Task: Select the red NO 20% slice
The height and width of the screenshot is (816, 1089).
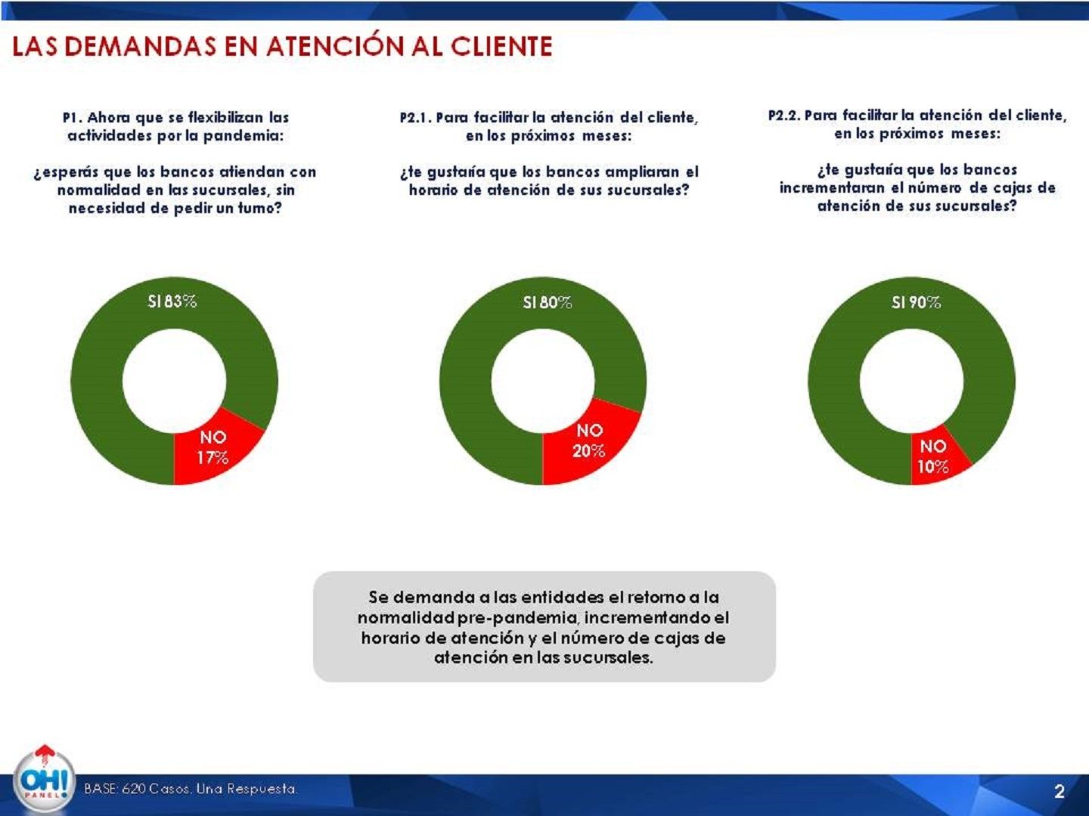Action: [588, 441]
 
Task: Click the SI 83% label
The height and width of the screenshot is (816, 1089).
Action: [172, 301]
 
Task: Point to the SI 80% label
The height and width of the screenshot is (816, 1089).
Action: [548, 303]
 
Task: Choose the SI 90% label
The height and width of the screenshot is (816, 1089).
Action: [916, 303]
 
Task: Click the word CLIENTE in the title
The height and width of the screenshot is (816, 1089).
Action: [501, 47]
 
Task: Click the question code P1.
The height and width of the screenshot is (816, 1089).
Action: [72, 118]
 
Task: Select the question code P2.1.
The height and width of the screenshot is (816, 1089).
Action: [415, 118]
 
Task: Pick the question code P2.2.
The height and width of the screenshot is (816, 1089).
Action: [783, 116]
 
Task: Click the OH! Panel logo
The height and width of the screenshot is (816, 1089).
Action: [44, 780]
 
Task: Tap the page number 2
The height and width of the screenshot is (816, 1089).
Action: [1059, 791]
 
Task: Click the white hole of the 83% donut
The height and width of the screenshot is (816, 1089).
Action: [174, 380]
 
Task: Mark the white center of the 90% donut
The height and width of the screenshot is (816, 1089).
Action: [911, 380]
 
